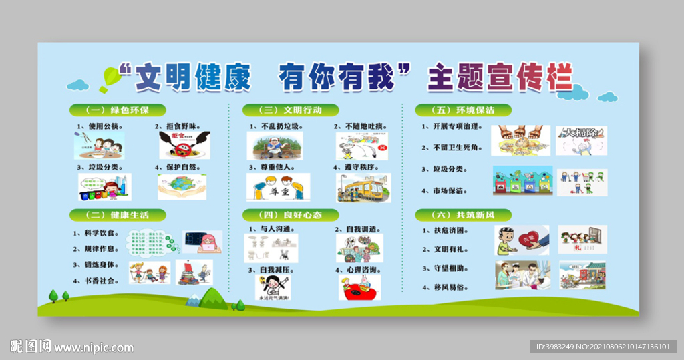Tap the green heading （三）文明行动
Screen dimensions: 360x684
[291, 110]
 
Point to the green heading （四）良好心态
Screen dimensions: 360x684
[291, 215]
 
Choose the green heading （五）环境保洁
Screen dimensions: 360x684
[464, 110]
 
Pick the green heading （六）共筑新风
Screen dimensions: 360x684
[464, 215]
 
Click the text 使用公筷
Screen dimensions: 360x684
[105, 126]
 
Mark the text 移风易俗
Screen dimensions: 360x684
[449, 287]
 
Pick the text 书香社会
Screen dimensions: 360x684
[98, 281]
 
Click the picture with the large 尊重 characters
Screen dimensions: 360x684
[278, 187]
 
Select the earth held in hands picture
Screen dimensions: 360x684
[182, 187]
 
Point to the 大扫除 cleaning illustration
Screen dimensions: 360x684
[581, 140]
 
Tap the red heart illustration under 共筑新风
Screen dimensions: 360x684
[522, 240]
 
